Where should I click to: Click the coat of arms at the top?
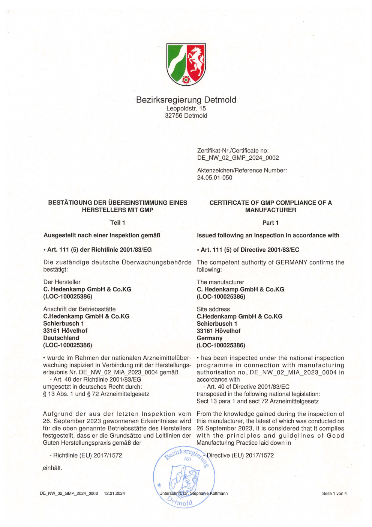(186, 64)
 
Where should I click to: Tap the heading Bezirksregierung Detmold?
(186, 100)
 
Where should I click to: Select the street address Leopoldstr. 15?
(186, 109)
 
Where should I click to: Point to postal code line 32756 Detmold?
(186, 116)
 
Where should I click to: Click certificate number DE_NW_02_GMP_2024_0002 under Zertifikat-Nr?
(238, 158)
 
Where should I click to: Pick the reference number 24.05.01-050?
(214, 178)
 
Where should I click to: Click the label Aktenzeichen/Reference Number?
(242, 171)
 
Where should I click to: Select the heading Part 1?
(270, 223)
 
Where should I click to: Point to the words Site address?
(213, 309)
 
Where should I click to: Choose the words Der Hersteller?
(62, 282)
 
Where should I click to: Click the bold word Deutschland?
(61, 338)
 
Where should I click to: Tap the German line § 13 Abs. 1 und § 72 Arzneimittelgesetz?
(96, 394)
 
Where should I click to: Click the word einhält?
(52, 468)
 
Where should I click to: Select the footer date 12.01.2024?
(114, 494)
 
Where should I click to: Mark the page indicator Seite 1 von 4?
(334, 494)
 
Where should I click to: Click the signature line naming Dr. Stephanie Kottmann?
(193, 494)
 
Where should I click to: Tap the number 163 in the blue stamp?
(187, 459)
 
